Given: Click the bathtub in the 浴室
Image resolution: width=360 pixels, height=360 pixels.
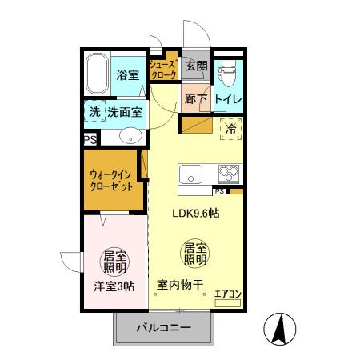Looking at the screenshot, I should point(97,74).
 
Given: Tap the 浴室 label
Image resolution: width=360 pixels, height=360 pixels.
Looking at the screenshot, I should point(127,75).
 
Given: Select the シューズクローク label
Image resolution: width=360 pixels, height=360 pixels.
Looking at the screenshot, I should point(162,69).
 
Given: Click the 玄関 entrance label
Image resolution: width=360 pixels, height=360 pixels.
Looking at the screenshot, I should point(196,66).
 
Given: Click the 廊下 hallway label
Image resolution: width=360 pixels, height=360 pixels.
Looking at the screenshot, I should point(196,99).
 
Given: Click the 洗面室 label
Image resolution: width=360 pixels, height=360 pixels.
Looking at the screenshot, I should point(124,113).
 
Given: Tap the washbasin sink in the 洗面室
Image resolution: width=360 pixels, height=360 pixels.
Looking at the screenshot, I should point(130,137).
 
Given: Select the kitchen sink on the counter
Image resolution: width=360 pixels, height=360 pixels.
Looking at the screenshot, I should point(192,174).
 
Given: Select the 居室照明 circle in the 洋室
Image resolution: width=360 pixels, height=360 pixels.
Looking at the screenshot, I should point(114,263).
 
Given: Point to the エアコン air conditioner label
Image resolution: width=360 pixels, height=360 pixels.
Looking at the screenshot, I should point(229,294).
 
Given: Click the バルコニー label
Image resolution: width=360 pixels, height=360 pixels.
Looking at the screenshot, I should point(162,327).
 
